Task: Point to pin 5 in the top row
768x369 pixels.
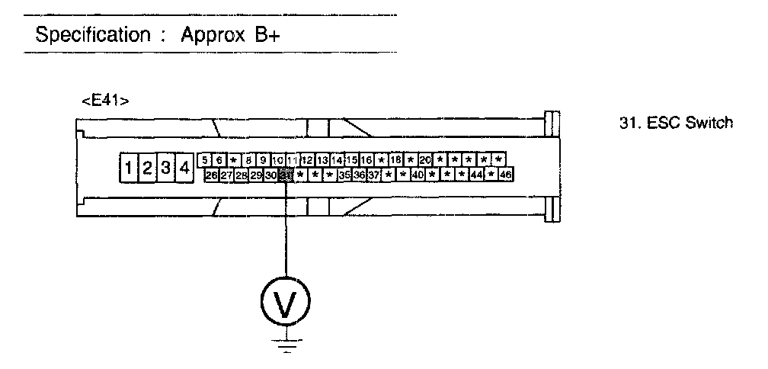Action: tap(204, 160)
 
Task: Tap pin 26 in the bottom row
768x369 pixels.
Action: tap(212, 175)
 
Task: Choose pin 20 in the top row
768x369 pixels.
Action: tap(425, 160)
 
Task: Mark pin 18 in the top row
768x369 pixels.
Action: tap(395, 160)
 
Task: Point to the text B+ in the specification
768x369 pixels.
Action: tap(251, 35)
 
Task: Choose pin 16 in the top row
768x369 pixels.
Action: tap(366, 160)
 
